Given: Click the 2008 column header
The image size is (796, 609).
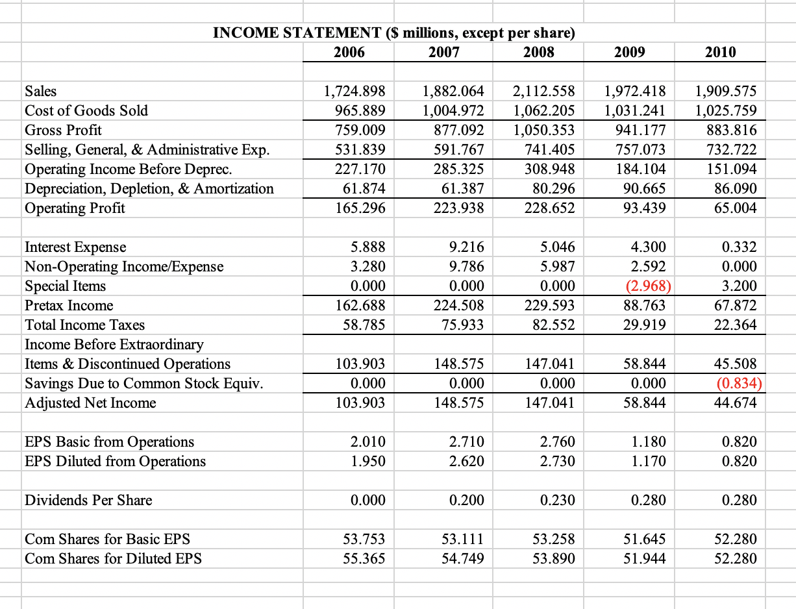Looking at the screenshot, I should (x=538, y=53).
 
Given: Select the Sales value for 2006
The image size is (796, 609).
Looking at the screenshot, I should (x=354, y=91).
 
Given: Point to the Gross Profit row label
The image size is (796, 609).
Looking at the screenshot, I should (x=63, y=130).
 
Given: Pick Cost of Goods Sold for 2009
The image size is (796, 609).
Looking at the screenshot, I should (x=634, y=110).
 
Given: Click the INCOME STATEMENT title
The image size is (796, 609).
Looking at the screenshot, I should (x=393, y=33).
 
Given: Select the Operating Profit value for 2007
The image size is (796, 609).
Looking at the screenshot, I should (x=459, y=208).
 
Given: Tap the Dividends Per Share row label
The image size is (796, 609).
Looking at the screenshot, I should (x=88, y=500).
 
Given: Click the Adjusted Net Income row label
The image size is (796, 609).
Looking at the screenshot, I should (x=90, y=403).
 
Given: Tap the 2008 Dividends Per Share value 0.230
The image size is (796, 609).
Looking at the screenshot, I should (x=557, y=501).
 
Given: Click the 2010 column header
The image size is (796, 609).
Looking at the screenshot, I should (x=720, y=53).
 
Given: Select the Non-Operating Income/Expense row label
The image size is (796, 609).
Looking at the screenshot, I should (x=123, y=267).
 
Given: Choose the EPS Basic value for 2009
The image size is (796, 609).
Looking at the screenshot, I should (x=647, y=442).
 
